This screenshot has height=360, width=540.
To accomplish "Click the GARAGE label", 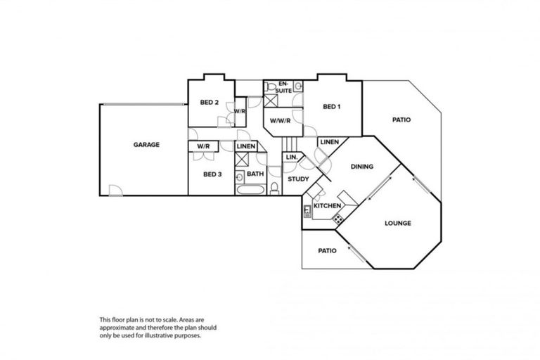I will click(x=146, y=145).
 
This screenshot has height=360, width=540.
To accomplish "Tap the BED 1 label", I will click(x=331, y=107).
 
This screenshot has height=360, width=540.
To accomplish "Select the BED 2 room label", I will click(x=210, y=103).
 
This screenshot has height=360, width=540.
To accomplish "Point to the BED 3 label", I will click(x=212, y=174).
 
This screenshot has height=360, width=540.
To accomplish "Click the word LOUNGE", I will click(x=397, y=224).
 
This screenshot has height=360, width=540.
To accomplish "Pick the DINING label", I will click(x=361, y=167).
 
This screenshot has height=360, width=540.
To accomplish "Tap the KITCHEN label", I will click(x=327, y=205).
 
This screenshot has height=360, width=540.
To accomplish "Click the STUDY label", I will click(x=298, y=179).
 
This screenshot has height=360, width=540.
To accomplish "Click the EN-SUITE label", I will click(x=284, y=86).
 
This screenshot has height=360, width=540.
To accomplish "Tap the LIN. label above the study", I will click(x=291, y=157).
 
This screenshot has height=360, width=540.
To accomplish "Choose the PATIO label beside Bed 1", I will click(x=401, y=120).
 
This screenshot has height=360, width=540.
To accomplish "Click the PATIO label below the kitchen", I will click(x=326, y=250).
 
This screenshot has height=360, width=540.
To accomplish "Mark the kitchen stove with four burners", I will click(x=338, y=219).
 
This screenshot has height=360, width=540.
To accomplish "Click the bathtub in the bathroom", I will click(x=250, y=191).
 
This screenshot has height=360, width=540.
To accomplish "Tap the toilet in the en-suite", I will click(x=270, y=87).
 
